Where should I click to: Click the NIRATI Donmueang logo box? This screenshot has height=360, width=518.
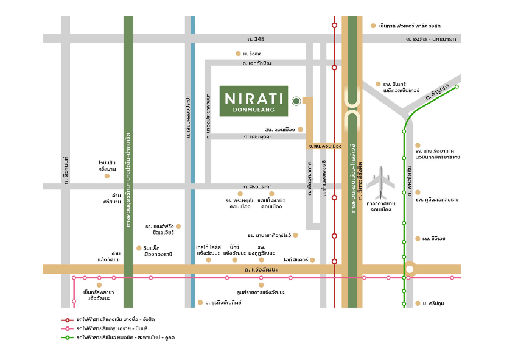click(x=254, y=101)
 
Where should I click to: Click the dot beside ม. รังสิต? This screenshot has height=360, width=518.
click(x=238, y=54)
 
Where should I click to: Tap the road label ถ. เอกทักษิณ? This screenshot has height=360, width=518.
click(x=256, y=63)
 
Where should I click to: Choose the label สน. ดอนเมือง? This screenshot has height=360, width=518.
click(x=280, y=130)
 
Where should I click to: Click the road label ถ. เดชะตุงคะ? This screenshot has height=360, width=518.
click(x=256, y=137)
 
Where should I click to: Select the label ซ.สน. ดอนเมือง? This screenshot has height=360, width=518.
click(x=325, y=146)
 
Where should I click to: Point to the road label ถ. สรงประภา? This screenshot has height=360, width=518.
click(x=256, y=186)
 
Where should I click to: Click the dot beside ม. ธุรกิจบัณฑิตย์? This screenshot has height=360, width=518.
click(x=200, y=302)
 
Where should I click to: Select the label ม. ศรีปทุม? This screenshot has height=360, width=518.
click(x=433, y=303)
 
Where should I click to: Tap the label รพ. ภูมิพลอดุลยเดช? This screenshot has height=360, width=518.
click(x=437, y=199)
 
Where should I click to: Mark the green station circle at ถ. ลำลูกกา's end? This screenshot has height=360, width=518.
click(x=457, y=87)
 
